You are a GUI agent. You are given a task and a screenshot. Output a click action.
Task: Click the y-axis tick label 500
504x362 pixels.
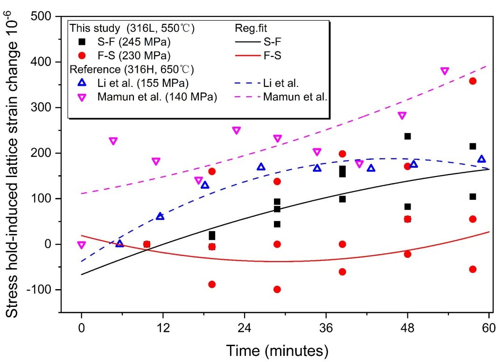pyautogui.click(x=42, y=16)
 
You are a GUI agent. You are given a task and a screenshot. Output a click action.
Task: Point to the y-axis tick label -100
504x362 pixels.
pyautogui.click(x=41, y=290)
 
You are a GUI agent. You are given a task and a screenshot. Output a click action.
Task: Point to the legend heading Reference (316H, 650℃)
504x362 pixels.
pyautogui.click(x=132, y=70)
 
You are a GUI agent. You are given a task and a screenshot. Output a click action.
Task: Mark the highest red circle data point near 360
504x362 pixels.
pyautogui.click(x=473, y=81)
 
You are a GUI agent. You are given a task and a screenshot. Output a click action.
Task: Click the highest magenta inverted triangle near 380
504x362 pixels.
pyautogui.click(x=445, y=71)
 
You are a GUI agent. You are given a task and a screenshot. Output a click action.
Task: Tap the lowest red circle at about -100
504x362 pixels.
pyautogui.click(x=277, y=290)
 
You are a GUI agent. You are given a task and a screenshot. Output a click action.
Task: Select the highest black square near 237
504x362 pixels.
pyautogui.click(x=407, y=136)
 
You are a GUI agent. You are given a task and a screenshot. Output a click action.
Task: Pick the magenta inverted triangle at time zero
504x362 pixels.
pyautogui.click(x=82, y=245)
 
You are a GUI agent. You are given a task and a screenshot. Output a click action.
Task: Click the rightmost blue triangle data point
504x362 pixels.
pyautogui.click(x=482, y=159)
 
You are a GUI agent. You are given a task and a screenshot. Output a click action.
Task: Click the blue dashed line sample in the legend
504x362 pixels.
pyautogui.click(x=247, y=84)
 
